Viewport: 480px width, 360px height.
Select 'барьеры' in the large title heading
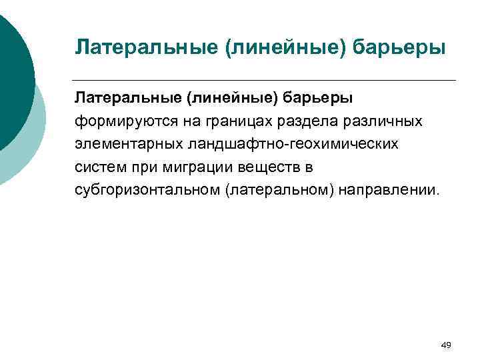pyautogui.click(x=401, y=48)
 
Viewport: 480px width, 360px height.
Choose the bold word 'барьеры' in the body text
pyautogui.click(x=320, y=99)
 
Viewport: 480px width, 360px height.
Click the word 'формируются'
pyautogui.click(x=117, y=121)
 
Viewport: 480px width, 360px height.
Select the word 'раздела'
pyautogui.click(x=286, y=121)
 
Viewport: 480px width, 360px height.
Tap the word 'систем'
pyautogui.click(x=95, y=167)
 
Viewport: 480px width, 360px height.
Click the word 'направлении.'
pyautogui.click(x=390, y=189)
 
